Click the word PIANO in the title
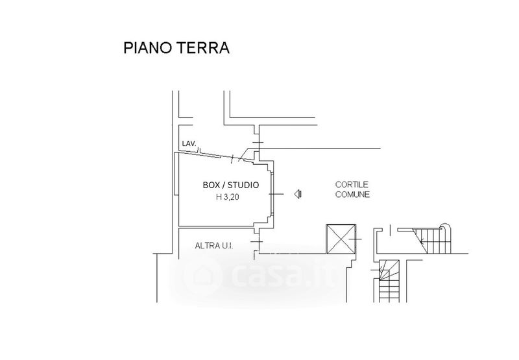pyautogui.click(x=146, y=49)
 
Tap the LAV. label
pyautogui.click(x=189, y=144)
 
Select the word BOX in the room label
pyautogui.click(x=211, y=185)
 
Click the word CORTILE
pyautogui.click(x=352, y=184)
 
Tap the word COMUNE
pyautogui.click(x=352, y=195)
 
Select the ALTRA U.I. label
pyautogui.click(x=214, y=245)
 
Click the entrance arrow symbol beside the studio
pyautogui.click(x=298, y=193)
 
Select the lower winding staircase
pyautogui.click(x=389, y=276)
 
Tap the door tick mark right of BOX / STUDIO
pyautogui.click(x=279, y=193)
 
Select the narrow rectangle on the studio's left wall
pyautogui.click(x=176, y=175)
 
